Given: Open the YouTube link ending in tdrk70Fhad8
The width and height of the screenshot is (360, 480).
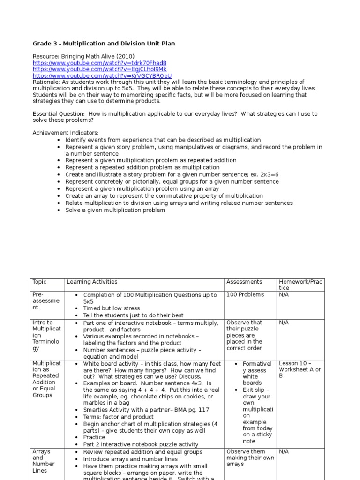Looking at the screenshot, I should [99, 63].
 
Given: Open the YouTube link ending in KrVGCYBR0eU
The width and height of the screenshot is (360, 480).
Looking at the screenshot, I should [102, 75].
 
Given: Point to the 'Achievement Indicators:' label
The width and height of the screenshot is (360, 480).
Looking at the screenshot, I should [66, 133].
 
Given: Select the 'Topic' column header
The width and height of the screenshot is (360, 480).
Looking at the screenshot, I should [40, 282].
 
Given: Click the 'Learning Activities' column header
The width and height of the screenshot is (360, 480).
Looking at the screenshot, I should [92, 282].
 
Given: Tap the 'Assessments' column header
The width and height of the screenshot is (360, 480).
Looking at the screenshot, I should [244, 282].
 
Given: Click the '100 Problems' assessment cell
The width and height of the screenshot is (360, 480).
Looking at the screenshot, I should [245, 294].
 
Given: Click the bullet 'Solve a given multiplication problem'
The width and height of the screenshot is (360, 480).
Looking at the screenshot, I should [115, 210].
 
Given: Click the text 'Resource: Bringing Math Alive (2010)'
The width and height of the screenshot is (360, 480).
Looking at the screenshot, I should [83, 56].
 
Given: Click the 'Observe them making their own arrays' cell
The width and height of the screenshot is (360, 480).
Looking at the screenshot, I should [250, 458].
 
